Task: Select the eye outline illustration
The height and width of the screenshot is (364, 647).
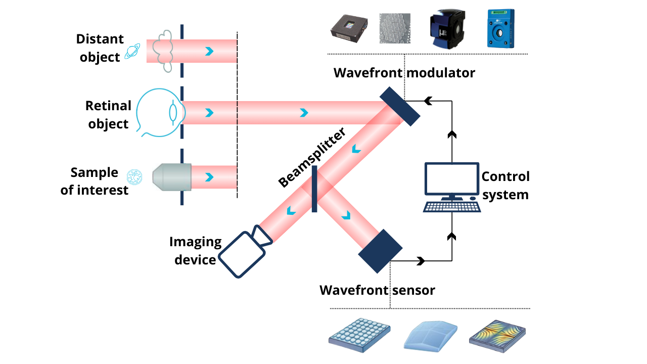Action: point(157,113)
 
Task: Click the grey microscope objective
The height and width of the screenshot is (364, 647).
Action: point(172,177)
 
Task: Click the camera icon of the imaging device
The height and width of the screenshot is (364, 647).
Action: point(246,251)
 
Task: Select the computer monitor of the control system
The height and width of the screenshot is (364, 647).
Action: point(451,181)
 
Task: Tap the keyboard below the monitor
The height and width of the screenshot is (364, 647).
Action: point(451,206)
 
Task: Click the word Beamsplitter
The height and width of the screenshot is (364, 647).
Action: point(312,158)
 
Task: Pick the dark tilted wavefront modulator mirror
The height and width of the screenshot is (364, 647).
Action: point(400,106)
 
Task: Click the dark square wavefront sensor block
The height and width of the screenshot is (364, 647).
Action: point(380,251)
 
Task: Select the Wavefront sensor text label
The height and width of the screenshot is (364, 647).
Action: point(377,290)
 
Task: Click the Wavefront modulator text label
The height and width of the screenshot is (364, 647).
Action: point(404,73)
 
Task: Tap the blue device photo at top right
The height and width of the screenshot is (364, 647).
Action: point(501,29)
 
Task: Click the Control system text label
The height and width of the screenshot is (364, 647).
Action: point(505,185)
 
